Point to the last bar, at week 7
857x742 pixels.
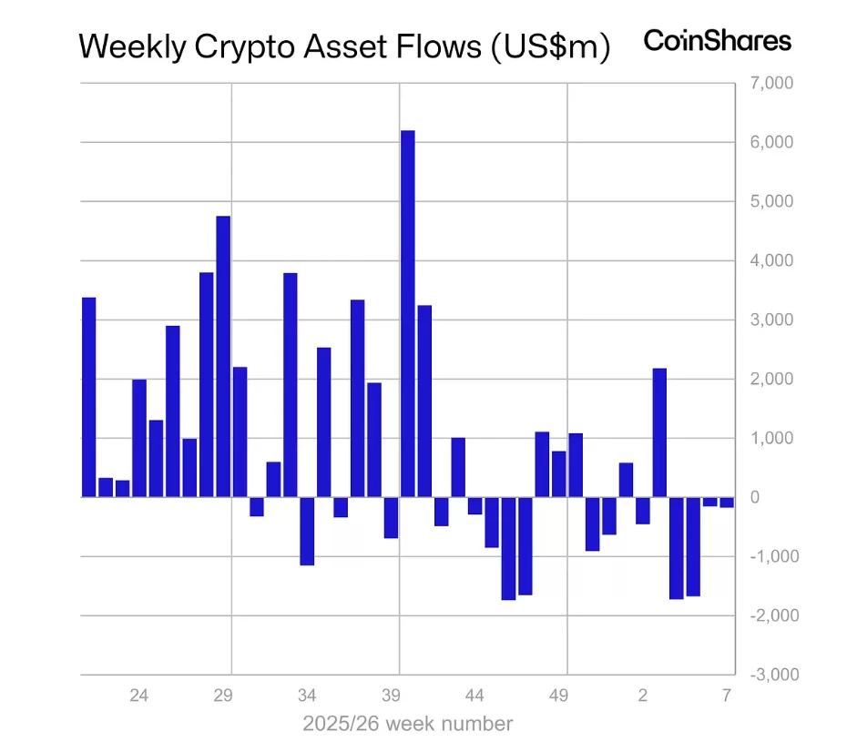point(726,503)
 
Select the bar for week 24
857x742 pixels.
point(139,438)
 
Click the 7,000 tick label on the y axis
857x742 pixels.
point(771,84)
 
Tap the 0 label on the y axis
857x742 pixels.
point(755,497)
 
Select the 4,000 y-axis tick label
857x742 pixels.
point(771,261)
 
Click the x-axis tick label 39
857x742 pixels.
point(391,696)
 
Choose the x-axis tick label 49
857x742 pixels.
point(559,696)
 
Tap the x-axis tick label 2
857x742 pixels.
point(643,696)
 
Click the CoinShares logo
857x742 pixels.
point(718,40)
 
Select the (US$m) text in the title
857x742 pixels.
point(550,47)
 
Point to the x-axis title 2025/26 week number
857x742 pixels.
point(407,725)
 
